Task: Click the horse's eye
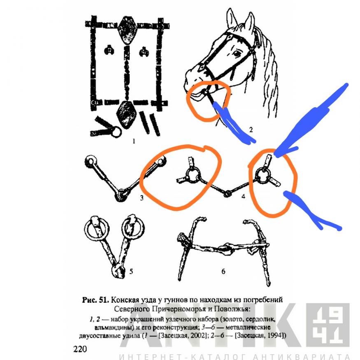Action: [237, 54]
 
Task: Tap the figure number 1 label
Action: [134, 141]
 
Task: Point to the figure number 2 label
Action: [251, 130]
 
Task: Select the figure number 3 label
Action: [142, 197]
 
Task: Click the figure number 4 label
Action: [244, 196]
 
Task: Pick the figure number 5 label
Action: [131, 272]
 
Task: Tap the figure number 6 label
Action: [223, 272]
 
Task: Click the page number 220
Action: [80, 349]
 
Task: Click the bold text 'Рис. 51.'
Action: [95, 300]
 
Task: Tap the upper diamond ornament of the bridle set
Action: [127, 30]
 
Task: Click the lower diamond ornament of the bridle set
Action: [125, 115]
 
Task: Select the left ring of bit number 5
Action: [97, 228]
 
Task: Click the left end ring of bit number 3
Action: [91, 161]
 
